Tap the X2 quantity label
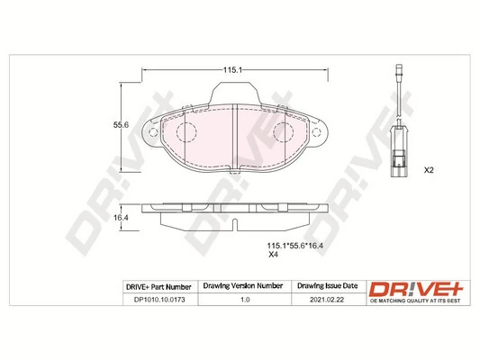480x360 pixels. click(x=429, y=170)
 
